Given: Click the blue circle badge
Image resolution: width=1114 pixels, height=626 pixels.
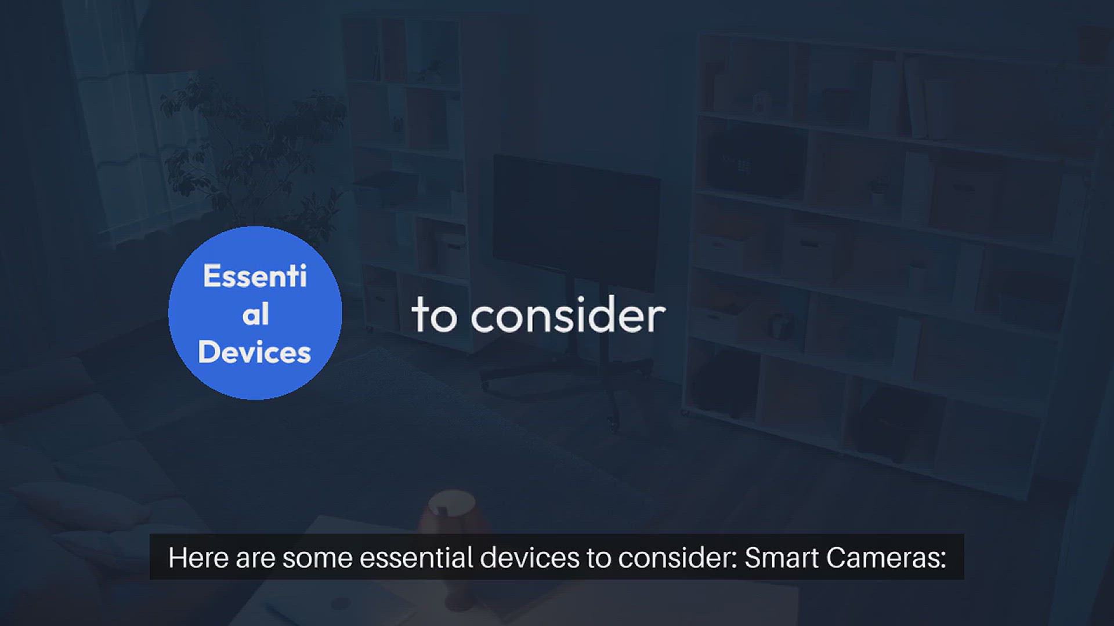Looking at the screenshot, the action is (x=255, y=313).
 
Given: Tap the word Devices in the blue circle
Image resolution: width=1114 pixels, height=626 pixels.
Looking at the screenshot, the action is (x=255, y=352).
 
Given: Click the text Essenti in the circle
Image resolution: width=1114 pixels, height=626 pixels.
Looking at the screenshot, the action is (x=255, y=276).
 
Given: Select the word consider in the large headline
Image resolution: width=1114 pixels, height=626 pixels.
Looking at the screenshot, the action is (x=568, y=315).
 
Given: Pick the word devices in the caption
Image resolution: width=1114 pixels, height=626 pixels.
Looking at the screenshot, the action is (x=530, y=558).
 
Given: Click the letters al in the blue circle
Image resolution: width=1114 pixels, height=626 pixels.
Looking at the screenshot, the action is (x=255, y=314).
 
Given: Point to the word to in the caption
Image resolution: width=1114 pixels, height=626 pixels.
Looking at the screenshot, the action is (x=599, y=558).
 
